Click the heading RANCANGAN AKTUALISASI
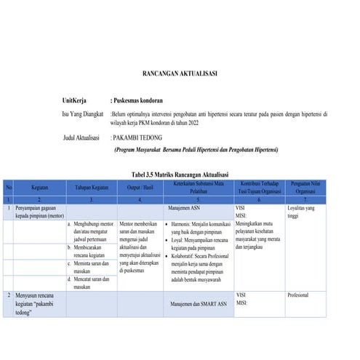click(x=179, y=73)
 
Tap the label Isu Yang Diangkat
click(x=82, y=114)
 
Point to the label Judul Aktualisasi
click(x=85, y=137)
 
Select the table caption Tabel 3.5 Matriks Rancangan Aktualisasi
click(x=180, y=175)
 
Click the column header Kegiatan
click(x=40, y=187)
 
